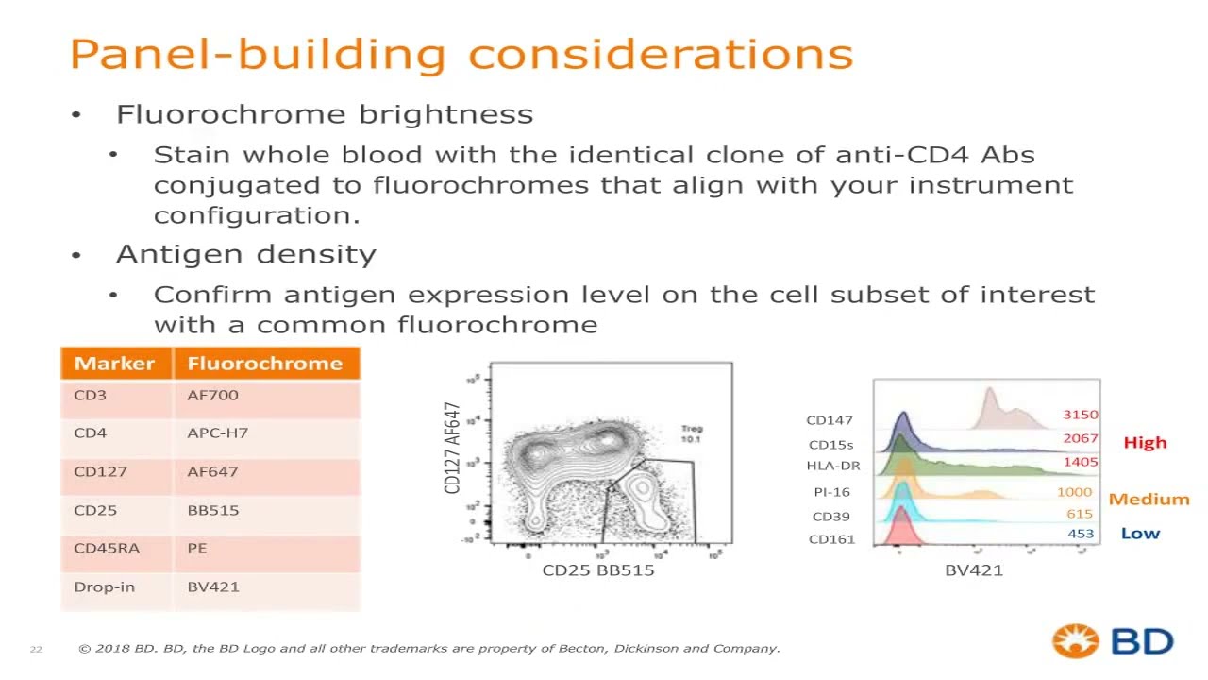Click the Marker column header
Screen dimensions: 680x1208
[x=114, y=364]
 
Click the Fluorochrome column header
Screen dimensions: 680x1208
[x=264, y=364]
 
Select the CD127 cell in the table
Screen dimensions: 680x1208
[x=100, y=471]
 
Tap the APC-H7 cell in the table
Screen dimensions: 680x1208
[x=217, y=433]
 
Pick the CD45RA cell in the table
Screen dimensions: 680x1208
[x=106, y=548]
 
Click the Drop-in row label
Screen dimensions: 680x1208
[x=104, y=586]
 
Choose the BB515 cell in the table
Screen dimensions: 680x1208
[x=212, y=510]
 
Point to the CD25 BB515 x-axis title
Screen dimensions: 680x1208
[x=597, y=570]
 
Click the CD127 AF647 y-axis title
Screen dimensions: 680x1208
[x=452, y=448]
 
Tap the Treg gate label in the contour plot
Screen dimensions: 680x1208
[x=692, y=433]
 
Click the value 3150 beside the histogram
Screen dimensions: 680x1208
[x=1080, y=415]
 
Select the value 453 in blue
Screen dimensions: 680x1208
[x=1081, y=534]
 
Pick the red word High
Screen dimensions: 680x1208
[x=1145, y=443]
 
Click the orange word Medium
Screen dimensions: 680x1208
[x=1149, y=500]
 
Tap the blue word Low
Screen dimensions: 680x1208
[x=1140, y=534]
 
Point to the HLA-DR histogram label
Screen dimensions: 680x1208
[x=832, y=466]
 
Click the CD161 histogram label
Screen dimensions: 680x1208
[x=831, y=539]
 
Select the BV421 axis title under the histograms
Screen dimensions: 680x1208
[x=973, y=570]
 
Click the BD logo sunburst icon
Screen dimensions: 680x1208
[x=1075, y=641]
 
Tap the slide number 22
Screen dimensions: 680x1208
[x=36, y=649]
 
